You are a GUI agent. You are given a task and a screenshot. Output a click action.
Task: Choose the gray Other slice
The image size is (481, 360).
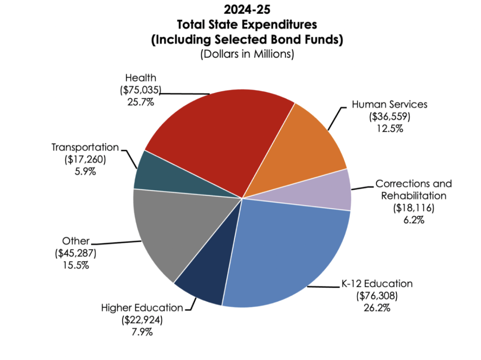click(168, 232)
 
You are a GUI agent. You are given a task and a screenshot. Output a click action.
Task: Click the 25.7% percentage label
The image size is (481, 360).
click(140, 102)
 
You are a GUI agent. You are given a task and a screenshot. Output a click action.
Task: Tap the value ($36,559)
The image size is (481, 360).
click(390, 117)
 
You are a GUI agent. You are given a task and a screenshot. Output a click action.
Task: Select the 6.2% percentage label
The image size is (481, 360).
click(413, 220)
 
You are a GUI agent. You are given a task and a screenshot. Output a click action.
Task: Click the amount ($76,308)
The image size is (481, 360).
click(377, 296)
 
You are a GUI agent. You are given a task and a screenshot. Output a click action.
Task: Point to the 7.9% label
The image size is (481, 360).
click(142, 332)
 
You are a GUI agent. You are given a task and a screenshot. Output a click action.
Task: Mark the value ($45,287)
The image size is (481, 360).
click(76, 253)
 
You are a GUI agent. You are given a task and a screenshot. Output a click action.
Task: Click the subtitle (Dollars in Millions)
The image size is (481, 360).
click(247, 54)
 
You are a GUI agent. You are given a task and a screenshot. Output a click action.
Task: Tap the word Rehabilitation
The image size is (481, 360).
click(413, 196)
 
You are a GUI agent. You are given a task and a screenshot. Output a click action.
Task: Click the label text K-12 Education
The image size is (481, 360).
click(377, 284)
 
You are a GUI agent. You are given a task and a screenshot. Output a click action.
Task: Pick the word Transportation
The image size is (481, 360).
click(85, 147)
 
